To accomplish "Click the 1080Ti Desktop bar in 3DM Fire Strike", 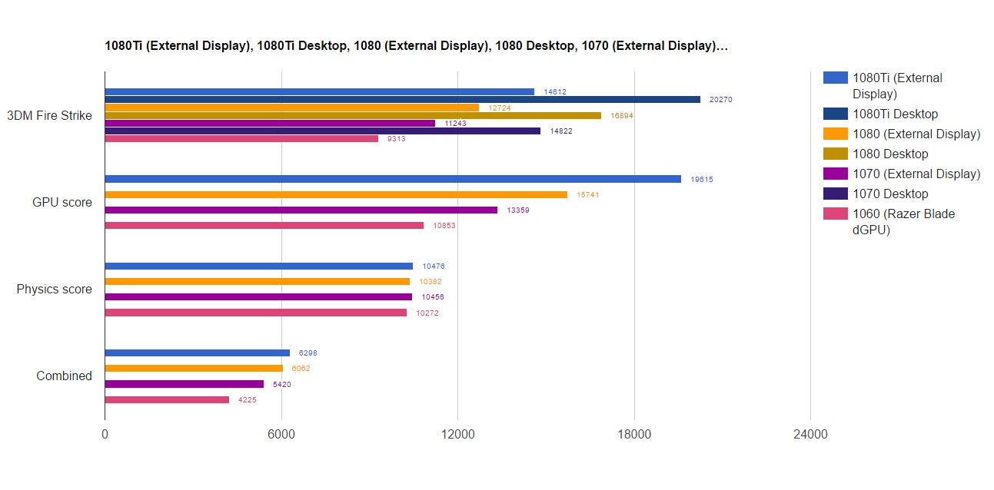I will pos(402,99).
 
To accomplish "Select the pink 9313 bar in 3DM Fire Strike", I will pos(241,138).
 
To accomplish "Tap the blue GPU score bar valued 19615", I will pos(393,179).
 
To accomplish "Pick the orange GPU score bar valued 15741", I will pos(336,194).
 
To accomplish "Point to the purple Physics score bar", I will pos(258,296).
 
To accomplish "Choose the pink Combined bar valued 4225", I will pos(167,399).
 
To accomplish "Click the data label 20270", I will pos(721,100).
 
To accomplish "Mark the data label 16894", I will pos(622,115).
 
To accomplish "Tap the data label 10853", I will pos(444,226).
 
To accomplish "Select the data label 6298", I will pos(308,353).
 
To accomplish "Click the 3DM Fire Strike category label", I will pos(49,116).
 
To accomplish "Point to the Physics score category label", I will pos(54,290).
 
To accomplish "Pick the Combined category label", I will pos(64,376).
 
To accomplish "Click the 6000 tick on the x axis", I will pos(281,435).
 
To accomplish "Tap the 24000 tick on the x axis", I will pos(810,435).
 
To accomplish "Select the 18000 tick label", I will pos(634,435).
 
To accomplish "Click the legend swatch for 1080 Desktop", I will pos(835,154).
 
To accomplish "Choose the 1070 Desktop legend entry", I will pos(890,194).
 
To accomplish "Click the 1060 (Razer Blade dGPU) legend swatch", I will pos(835,214).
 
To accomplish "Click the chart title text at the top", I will pos(416,46).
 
